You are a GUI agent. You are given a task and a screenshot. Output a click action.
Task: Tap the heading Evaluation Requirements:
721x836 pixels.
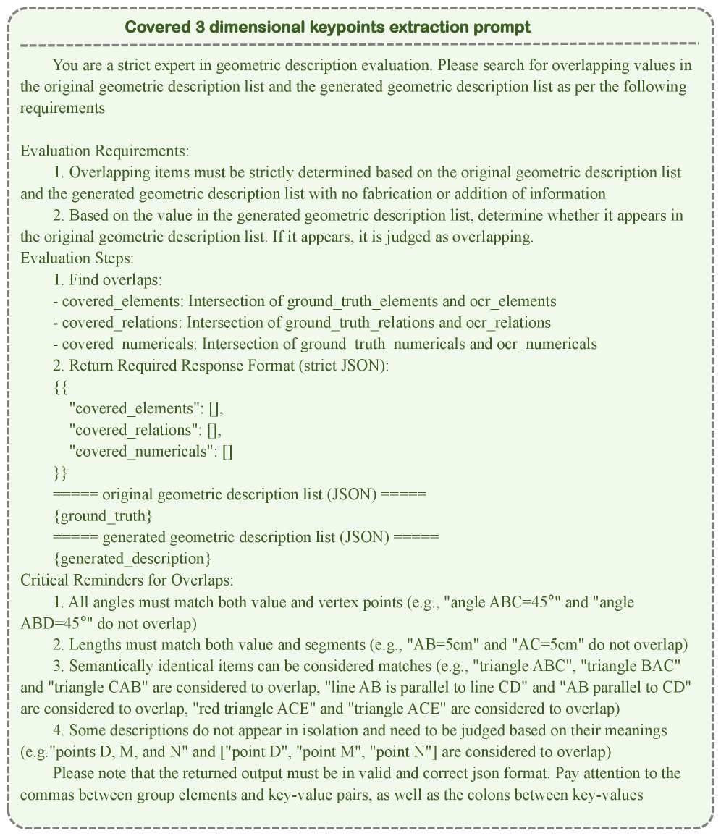(x=105, y=151)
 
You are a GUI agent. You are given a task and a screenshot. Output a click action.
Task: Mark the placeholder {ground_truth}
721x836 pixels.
(x=103, y=516)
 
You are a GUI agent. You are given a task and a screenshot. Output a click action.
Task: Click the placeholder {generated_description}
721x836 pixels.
(x=132, y=559)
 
